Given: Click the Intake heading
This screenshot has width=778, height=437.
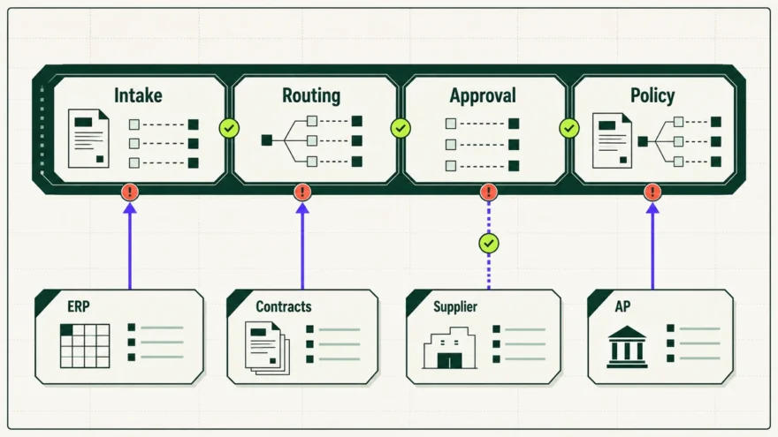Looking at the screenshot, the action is tap(138, 95).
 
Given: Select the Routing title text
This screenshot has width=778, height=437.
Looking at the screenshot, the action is tap(311, 95).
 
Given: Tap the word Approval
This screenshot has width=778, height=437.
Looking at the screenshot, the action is tap(483, 95).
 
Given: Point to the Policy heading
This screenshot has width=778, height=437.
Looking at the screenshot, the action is tap(652, 95).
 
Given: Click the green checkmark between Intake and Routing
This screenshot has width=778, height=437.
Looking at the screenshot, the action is tap(229, 128).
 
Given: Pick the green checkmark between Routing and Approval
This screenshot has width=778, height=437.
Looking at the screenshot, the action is tap(400, 128).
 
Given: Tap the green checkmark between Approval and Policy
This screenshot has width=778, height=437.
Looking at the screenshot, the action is tap(569, 128).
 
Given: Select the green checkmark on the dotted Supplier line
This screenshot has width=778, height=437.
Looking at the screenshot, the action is tap(489, 244).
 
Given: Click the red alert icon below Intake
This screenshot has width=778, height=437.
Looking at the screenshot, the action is tap(130, 192).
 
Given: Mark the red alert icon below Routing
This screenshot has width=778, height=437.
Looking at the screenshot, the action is tap(302, 192).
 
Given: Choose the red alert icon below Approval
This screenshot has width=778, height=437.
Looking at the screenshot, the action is tap(489, 192).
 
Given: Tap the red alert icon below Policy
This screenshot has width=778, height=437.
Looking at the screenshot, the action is tap(652, 192).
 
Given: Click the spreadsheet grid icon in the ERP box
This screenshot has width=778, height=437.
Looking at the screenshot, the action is tap(85, 346).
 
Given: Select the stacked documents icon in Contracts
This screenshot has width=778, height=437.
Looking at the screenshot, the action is tap(267, 348).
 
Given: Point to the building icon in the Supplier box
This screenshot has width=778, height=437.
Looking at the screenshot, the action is tap(449, 348).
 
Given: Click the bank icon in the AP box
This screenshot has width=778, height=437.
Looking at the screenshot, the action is tap(627, 347).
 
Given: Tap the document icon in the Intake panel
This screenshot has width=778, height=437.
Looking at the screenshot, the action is tap(88, 139).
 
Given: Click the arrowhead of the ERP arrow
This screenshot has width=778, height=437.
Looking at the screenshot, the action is tap(130, 207).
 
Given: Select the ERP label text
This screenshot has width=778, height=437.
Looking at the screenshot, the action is tap(79, 306).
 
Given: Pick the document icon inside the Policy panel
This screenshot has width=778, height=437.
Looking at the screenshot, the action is tap(613, 140).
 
